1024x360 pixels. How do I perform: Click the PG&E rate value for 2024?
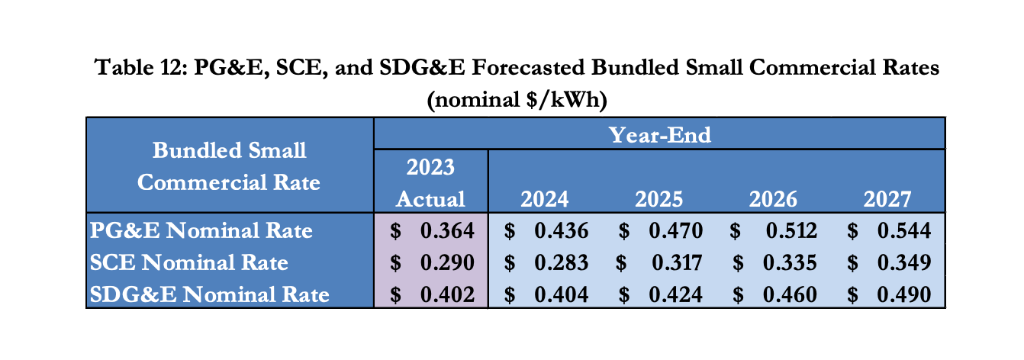pyautogui.click(x=561, y=230)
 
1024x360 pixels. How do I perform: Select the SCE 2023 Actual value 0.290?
pyautogui.click(x=447, y=262)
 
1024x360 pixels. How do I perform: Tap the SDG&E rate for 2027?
pyautogui.click(x=904, y=294)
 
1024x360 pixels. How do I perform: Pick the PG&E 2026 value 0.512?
pyautogui.click(x=790, y=230)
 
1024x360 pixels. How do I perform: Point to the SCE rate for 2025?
pyautogui.click(x=677, y=262)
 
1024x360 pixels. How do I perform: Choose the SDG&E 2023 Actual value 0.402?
pyautogui.click(x=447, y=294)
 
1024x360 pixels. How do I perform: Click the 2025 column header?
pyautogui.click(x=659, y=199)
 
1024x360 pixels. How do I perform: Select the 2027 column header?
pyautogui.click(x=887, y=199)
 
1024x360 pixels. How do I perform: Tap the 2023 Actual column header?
pyautogui.click(x=430, y=183)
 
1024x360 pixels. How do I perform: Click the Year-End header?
pyautogui.click(x=659, y=135)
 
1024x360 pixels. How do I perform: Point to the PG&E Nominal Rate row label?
pyautogui.click(x=201, y=230)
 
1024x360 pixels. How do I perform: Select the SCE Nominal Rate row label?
pyautogui.click(x=189, y=262)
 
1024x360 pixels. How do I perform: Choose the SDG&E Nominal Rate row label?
pyautogui.click(x=210, y=294)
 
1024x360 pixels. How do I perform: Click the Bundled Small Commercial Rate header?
pyautogui.click(x=230, y=166)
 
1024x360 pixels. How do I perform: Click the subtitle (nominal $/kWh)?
pyautogui.click(x=516, y=99)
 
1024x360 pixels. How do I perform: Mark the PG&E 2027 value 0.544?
pyautogui.click(x=904, y=230)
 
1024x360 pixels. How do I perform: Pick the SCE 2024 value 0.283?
pyautogui.click(x=561, y=262)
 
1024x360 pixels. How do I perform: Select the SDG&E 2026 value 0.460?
pyautogui.click(x=790, y=294)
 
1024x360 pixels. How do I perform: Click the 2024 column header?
pyautogui.click(x=545, y=199)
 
